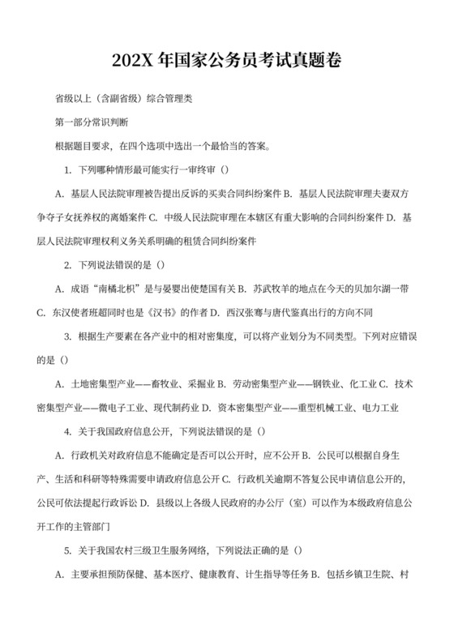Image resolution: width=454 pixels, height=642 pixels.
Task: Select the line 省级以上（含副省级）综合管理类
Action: (x=122, y=100)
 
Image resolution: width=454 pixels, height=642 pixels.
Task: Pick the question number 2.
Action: (x=68, y=264)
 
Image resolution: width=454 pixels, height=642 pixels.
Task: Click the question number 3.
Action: (x=68, y=335)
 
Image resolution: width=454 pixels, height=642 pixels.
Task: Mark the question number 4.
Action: (x=68, y=429)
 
